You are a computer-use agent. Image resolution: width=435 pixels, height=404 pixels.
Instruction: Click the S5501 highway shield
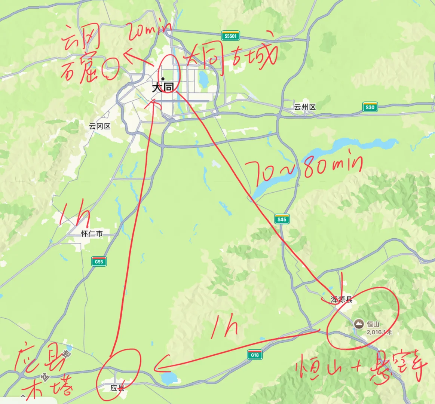(x=230, y=36)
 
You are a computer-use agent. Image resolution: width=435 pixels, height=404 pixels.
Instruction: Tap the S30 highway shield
(x=370, y=107)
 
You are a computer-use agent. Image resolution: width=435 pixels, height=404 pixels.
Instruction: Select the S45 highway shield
(x=282, y=219)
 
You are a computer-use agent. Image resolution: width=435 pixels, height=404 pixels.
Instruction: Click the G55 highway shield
(x=99, y=261)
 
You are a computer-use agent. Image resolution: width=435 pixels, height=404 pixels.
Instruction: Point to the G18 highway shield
(x=255, y=355)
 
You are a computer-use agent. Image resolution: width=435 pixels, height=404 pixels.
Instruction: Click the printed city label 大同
(x=163, y=88)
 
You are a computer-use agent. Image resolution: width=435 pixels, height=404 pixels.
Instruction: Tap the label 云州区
(x=304, y=107)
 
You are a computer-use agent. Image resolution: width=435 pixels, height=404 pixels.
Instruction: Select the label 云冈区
(x=99, y=126)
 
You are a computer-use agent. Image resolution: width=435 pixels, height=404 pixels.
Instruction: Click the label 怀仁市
(x=92, y=233)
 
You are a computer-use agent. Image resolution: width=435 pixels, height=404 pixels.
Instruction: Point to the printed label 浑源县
(x=341, y=300)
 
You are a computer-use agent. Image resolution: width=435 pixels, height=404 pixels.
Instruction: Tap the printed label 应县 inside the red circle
(x=117, y=388)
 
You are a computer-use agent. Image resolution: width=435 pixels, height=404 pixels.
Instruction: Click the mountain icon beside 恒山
(x=359, y=324)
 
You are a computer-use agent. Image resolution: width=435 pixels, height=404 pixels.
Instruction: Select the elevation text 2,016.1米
(x=379, y=332)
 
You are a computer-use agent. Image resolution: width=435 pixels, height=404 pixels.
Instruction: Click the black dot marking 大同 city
(x=163, y=79)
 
